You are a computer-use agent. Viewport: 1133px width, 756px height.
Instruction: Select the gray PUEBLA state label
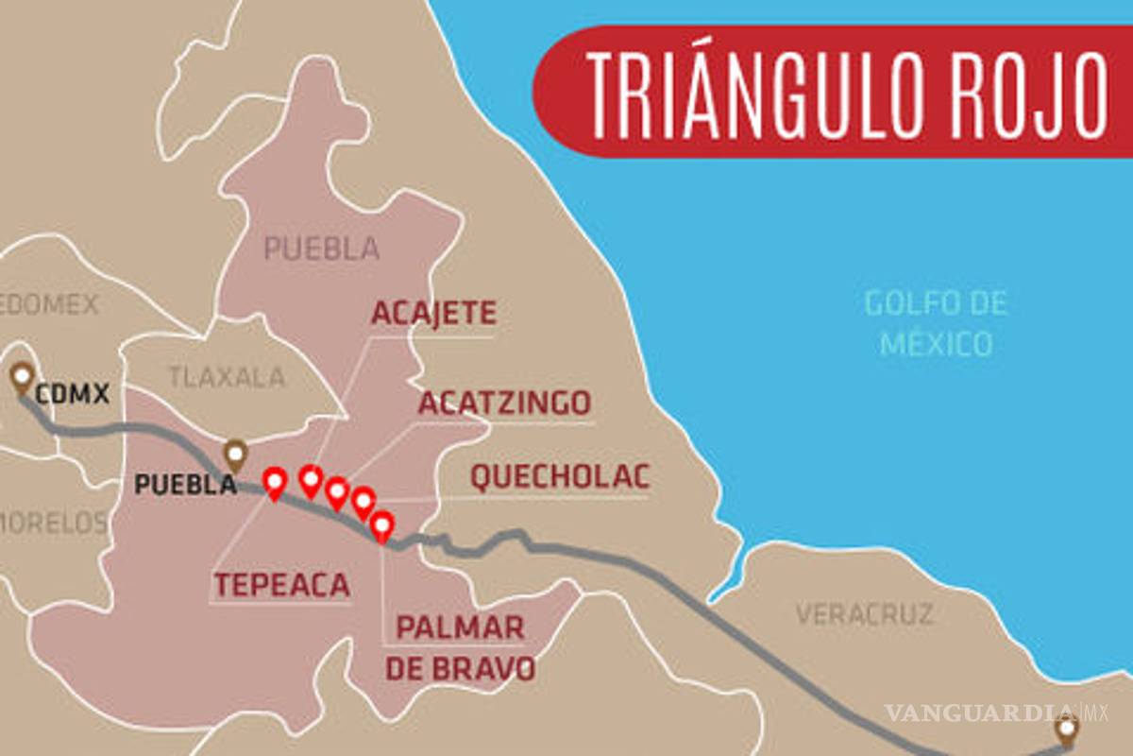coord(321,249)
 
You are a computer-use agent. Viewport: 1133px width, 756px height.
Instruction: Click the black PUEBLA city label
coord(185,485)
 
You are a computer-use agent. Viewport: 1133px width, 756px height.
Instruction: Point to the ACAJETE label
coord(433,314)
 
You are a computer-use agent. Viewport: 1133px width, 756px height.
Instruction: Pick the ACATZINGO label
coord(504,404)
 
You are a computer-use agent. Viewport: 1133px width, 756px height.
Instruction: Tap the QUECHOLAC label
coord(560,478)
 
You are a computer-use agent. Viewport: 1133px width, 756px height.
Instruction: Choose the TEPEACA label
coord(281,586)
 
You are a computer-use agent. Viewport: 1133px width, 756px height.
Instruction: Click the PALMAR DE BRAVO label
coord(461,647)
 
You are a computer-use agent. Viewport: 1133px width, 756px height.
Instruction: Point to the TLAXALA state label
coord(227,377)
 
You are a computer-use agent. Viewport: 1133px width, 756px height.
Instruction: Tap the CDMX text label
coord(73,393)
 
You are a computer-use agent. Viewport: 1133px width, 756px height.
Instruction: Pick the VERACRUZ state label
coord(864,614)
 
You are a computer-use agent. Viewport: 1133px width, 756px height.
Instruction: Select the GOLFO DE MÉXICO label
coord(936,323)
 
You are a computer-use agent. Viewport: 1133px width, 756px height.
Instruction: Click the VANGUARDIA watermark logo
coord(982,712)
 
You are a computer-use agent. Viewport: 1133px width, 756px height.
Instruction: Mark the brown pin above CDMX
coord(22,377)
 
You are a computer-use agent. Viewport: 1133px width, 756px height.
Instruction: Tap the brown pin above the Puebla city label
coord(235,455)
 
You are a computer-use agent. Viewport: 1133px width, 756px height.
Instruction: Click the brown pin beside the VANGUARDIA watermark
coord(1067,730)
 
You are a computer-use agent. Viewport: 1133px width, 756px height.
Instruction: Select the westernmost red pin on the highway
coord(275,483)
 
